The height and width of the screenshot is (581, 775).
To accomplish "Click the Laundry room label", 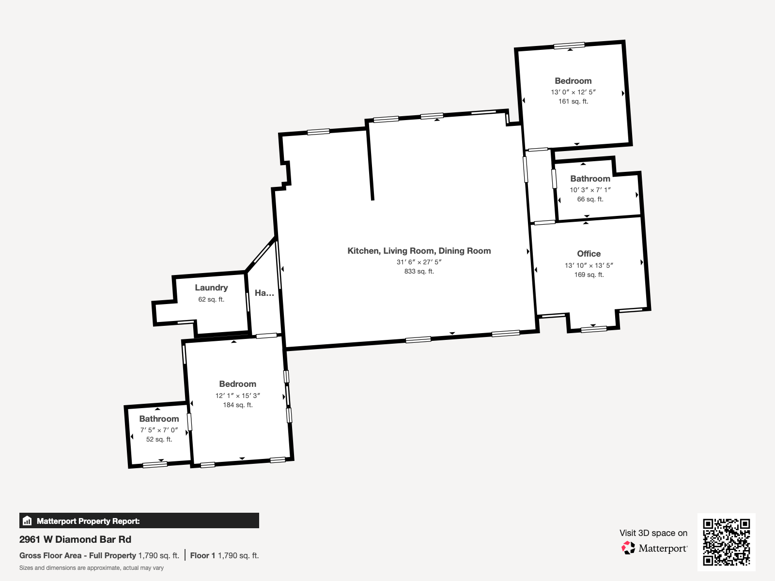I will (x=211, y=288).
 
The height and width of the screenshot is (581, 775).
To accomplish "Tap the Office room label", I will (x=589, y=254).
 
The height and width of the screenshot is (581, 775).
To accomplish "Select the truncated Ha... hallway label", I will (x=264, y=293).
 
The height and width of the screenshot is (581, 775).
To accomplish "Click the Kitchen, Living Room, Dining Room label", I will (x=419, y=251).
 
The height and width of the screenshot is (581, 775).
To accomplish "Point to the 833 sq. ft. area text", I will (x=419, y=272).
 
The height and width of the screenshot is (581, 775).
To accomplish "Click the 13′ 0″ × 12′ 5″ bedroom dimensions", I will (x=573, y=92).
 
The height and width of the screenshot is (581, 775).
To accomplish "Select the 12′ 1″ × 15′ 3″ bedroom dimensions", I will (x=237, y=396).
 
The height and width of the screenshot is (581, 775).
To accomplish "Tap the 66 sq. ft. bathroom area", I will (x=590, y=199).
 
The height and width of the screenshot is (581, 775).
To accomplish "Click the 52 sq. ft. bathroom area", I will (x=159, y=440).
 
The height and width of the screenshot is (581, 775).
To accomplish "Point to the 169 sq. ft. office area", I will (x=589, y=275).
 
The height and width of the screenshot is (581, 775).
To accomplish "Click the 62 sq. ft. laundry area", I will (x=211, y=300).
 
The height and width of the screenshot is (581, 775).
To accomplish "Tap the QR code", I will (x=726, y=542).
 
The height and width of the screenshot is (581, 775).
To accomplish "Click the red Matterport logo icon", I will (x=628, y=548).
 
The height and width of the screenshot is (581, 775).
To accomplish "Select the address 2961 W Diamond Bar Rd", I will (x=75, y=539).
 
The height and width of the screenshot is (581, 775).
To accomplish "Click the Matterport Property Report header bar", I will (x=139, y=521).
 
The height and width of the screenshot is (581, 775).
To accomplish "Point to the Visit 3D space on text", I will (x=653, y=533).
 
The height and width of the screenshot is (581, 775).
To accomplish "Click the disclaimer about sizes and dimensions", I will (x=92, y=568).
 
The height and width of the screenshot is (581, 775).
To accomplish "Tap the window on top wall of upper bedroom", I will (x=569, y=46).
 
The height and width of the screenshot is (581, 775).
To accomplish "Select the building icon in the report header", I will (x=27, y=521).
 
